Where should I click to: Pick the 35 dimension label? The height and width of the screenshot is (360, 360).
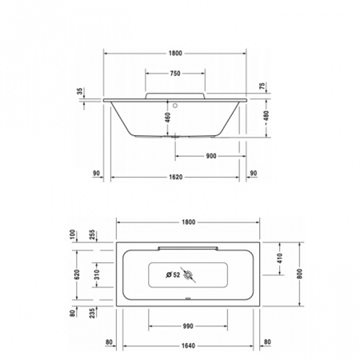pos(80,92)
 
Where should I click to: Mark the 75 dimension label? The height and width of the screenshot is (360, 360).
pos(262,86)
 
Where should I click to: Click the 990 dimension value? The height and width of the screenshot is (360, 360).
pos(187,327)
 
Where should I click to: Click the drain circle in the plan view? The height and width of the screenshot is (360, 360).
pos(189,277)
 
